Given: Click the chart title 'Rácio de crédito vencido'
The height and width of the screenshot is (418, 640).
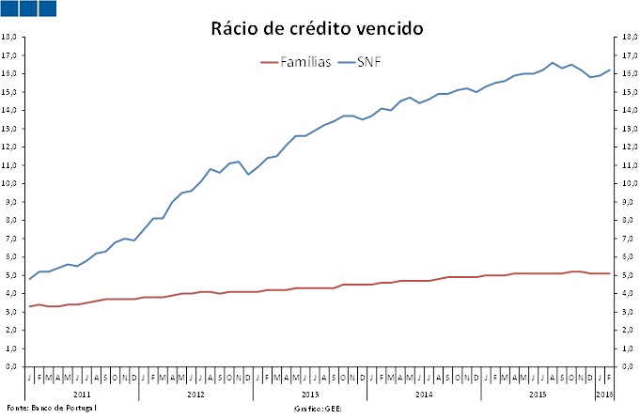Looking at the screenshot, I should [317, 29].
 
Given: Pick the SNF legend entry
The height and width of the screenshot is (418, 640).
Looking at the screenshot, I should [367, 62].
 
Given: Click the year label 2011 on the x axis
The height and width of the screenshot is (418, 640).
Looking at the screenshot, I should [81, 393].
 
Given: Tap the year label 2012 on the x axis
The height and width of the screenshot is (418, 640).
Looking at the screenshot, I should [195, 393].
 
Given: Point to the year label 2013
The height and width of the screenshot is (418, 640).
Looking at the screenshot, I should [310, 393].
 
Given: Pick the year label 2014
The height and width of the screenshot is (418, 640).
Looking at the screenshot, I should [425, 393].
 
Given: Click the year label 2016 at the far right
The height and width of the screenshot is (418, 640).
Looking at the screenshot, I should [606, 393].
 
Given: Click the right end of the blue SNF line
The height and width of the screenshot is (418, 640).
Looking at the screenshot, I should [611, 70].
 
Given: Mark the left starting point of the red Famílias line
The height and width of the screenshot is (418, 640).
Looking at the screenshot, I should [30, 306].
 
